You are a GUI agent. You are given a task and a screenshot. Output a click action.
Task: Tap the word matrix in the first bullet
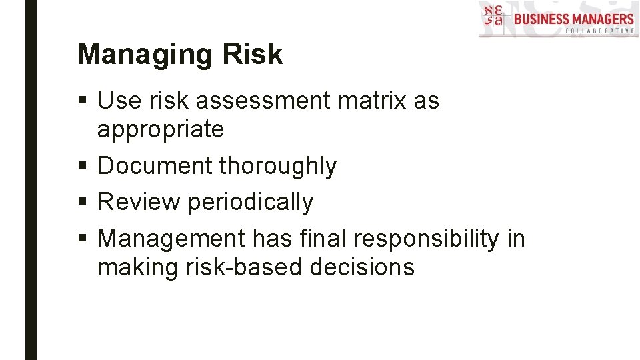[x=373, y=101]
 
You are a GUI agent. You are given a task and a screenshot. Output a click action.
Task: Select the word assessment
[x=263, y=101]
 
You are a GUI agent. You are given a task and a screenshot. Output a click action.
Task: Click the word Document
[x=154, y=166]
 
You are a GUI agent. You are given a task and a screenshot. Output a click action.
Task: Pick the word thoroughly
[x=278, y=166]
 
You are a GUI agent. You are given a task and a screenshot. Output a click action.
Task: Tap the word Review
[x=138, y=202]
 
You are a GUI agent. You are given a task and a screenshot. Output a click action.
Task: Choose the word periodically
[x=251, y=202]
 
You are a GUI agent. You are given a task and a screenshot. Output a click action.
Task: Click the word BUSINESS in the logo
[x=541, y=18]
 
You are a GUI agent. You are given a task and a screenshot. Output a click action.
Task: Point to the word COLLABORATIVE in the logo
[x=599, y=31]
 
